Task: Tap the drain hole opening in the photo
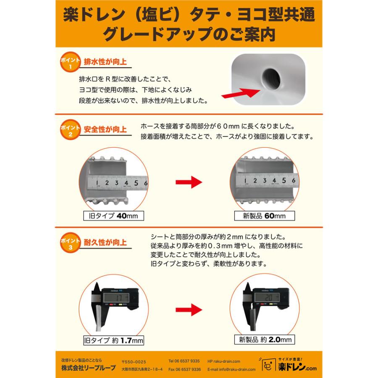point(273,76)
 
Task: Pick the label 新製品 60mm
point(264,216)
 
